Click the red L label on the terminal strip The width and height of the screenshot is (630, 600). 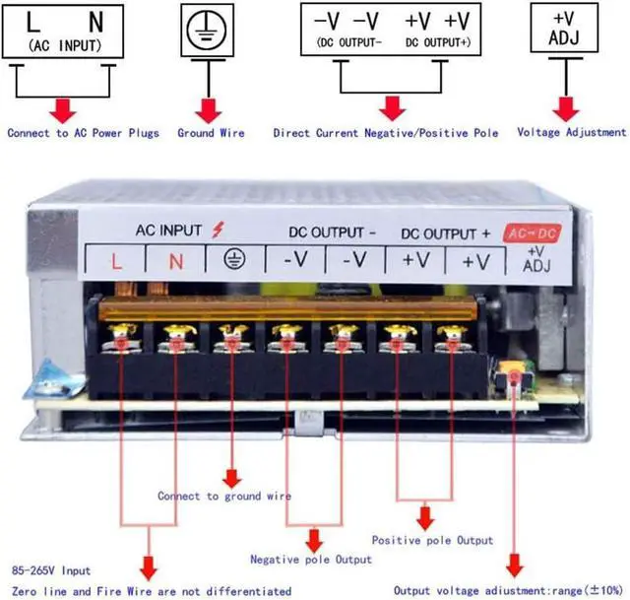point(116,261)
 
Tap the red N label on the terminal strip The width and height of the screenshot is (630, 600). point(175,261)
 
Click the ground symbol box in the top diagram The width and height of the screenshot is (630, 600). point(207,30)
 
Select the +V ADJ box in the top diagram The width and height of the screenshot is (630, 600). point(564,29)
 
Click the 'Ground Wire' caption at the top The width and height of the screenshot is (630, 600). point(211,132)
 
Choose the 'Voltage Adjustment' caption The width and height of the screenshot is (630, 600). point(571,132)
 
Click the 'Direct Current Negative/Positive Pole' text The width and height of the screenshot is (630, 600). point(386,132)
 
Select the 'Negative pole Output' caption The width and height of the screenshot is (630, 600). point(311,560)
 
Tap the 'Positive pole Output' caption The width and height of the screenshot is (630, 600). point(432,540)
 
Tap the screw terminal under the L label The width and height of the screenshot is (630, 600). point(121,340)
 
